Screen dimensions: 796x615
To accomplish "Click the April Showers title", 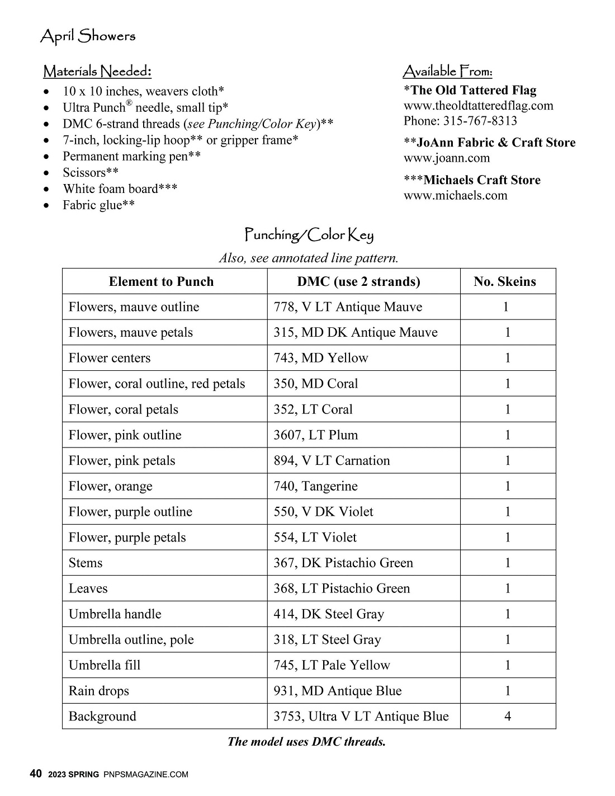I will click(88, 37).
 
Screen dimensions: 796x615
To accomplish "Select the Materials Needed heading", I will click(97, 72).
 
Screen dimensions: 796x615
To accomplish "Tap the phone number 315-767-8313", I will click(480, 121).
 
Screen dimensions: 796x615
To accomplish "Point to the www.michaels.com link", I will click(455, 195).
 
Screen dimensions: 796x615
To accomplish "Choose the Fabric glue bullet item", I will click(98, 205).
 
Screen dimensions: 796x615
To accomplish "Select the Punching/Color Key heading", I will click(309, 235).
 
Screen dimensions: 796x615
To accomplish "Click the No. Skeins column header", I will click(504, 281).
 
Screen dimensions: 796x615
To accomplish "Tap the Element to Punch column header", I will click(161, 281).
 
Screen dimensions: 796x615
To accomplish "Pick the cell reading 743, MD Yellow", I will click(321, 358).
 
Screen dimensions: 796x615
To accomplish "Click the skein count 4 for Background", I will click(507, 716).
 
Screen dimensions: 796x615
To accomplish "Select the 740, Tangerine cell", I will click(315, 486).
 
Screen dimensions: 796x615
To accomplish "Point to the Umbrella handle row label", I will click(115, 614).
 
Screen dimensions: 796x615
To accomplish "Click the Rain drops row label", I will click(98, 691).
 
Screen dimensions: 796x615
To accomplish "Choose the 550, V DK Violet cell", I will click(323, 512).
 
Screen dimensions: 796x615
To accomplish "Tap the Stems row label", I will click(86, 563).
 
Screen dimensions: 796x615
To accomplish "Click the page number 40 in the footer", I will click(35, 774).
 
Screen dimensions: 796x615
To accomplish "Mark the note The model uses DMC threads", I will click(306, 742).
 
